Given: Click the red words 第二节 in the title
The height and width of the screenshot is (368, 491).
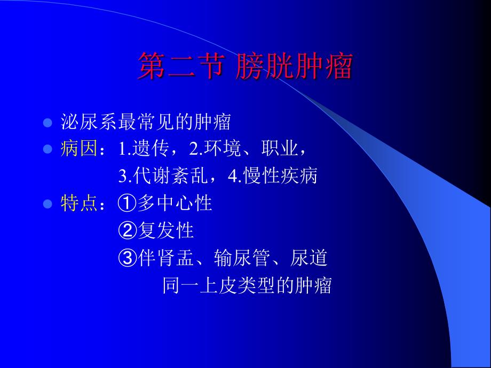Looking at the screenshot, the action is click(x=181, y=66).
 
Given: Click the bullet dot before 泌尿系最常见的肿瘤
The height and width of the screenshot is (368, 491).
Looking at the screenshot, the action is click(x=47, y=122).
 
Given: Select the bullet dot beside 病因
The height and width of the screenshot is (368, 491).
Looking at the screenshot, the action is click(x=47, y=149).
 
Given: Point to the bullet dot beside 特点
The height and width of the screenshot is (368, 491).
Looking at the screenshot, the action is click(x=47, y=204).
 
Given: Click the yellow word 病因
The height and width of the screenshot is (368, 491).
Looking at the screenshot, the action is click(x=79, y=148).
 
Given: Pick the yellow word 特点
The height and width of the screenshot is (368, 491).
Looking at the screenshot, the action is click(x=79, y=203).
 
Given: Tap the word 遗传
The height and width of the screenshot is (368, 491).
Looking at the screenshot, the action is click(x=151, y=148).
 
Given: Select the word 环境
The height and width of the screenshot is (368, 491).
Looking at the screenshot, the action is click(x=223, y=148).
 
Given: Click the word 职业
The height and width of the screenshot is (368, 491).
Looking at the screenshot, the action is click(x=280, y=148).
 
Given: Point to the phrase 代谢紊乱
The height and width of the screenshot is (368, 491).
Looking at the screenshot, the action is click(x=171, y=175).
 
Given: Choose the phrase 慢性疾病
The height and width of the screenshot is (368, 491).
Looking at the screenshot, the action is click(x=281, y=175).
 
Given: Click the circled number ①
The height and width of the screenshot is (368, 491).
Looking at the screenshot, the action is click(x=127, y=203).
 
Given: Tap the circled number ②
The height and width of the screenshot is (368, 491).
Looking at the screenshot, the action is click(x=127, y=230).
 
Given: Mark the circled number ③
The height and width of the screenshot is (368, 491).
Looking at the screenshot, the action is click(x=127, y=258).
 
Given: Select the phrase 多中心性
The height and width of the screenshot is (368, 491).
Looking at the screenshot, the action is click(x=175, y=203).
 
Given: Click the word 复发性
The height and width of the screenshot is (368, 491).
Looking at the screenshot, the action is click(x=165, y=230).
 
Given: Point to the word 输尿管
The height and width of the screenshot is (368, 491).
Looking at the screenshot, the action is click(x=242, y=258).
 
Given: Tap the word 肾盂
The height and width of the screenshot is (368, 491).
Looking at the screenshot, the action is click(x=176, y=258).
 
